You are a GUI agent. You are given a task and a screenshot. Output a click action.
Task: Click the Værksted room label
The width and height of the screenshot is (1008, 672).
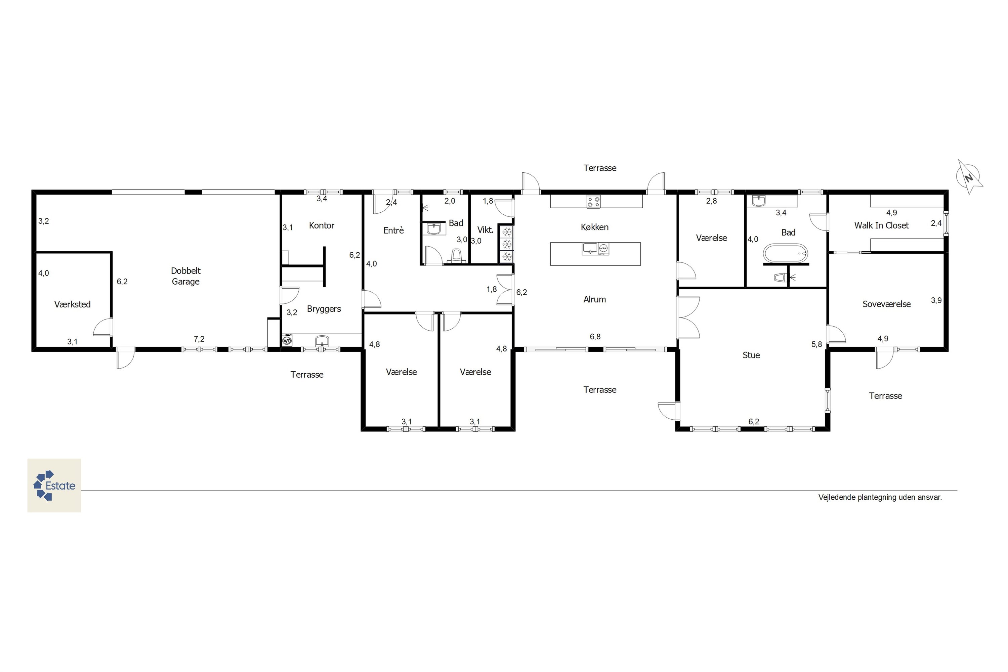73,304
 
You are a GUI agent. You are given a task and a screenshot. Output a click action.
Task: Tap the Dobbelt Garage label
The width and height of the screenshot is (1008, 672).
185,276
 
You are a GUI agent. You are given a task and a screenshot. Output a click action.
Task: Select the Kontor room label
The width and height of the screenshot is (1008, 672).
322,225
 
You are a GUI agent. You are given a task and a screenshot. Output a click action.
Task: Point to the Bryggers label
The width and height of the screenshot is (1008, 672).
324,309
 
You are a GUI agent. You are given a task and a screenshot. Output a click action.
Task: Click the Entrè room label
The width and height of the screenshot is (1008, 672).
393,230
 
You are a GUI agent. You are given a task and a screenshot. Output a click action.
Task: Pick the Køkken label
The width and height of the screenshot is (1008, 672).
594,227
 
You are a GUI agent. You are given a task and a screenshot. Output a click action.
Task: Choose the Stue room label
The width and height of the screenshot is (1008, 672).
751,355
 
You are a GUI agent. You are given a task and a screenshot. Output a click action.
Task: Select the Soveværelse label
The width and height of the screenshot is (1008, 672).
886,304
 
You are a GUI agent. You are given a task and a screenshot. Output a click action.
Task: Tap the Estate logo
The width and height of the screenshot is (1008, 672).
54,485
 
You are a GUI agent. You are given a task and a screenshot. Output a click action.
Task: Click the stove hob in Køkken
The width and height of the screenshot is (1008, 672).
594,202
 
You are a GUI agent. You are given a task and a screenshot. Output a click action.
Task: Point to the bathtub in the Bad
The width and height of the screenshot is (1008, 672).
786,253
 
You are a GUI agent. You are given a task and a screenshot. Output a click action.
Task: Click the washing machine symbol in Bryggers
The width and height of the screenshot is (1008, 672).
287,341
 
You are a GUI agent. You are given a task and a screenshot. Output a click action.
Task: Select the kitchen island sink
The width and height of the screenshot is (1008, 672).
590,249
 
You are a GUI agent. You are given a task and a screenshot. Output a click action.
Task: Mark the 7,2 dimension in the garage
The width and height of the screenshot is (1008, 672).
199,339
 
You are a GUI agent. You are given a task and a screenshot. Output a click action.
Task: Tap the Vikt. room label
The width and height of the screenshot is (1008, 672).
485,230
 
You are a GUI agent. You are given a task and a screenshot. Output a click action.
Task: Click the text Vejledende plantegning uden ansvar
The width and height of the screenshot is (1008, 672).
880,497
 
